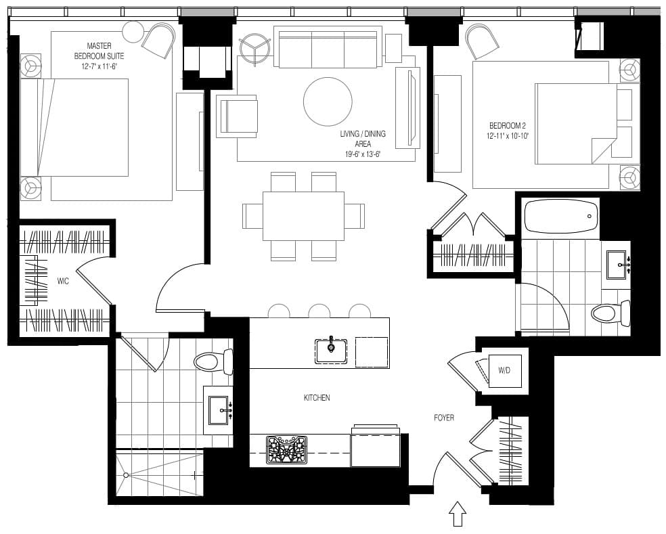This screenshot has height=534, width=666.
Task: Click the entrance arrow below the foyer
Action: tap(457, 514)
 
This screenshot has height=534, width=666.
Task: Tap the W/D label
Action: tap(504, 370)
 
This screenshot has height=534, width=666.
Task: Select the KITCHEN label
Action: tap(317, 398)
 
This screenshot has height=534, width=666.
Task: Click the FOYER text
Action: tap(444, 418)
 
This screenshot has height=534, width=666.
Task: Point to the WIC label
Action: tap(63, 282)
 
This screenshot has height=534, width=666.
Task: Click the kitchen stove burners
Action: tap(286, 450)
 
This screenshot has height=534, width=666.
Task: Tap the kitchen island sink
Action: tap(331, 351)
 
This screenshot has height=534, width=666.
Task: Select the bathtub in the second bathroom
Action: tap(561, 217)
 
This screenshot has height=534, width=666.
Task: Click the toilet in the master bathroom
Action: tap(213, 362)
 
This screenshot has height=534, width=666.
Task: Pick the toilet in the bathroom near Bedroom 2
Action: tap(610, 314)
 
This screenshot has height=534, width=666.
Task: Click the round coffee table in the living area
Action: tap(328, 102)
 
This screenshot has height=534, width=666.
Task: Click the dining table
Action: tap(303, 216)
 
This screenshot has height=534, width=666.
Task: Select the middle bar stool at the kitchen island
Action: tap(319, 311)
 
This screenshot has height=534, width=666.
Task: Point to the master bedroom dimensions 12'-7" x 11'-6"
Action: tap(99, 67)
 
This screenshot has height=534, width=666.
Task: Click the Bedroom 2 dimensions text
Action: tap(508, 136)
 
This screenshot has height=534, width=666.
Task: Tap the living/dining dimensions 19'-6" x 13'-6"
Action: tap(362, 154)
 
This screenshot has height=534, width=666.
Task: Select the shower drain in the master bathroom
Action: tap(126, 475)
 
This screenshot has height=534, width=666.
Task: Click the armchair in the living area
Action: tap(237, 116)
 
